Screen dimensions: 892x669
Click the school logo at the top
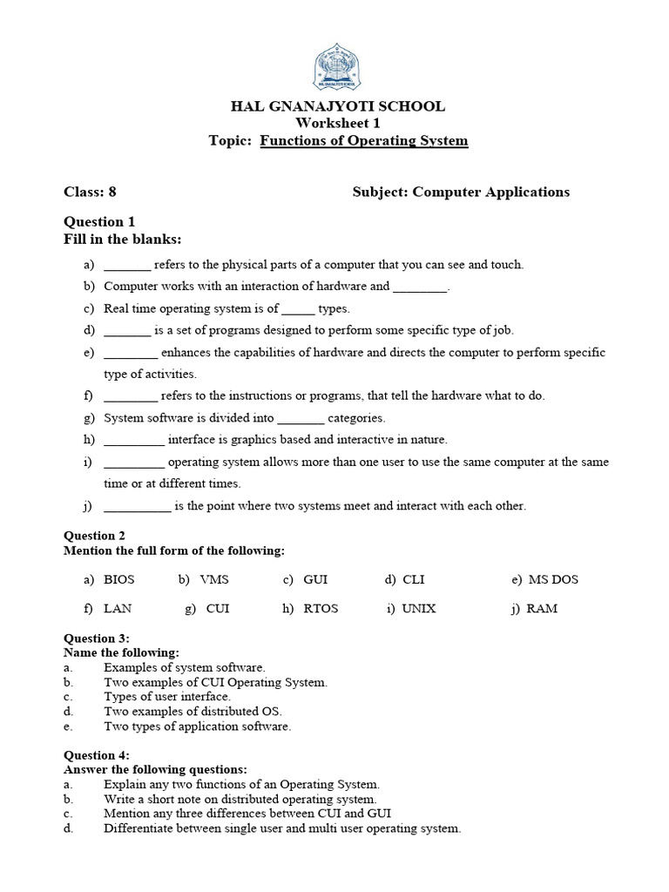click(337, 64)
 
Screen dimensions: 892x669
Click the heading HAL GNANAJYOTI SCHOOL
click(337, 106)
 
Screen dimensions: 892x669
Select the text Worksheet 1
click(337, 124)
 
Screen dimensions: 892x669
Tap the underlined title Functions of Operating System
click(364, 141)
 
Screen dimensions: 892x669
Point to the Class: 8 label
click(90, 192)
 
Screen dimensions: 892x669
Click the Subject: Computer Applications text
click(461, 192)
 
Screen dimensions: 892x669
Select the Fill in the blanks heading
click(123, 240)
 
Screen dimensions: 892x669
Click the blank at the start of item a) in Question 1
click(127, 266)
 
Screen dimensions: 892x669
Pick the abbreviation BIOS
click(119, 579)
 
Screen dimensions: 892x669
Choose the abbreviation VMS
click(214, 579)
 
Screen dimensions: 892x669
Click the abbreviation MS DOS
click(553, 579)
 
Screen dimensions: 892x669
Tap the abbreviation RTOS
click(321, 609)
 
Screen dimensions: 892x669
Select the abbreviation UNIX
click(419, 609)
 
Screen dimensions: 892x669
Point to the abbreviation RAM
click(542, 609)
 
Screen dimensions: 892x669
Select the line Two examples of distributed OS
click(193, 712)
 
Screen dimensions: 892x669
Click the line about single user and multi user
click(281, 828)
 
